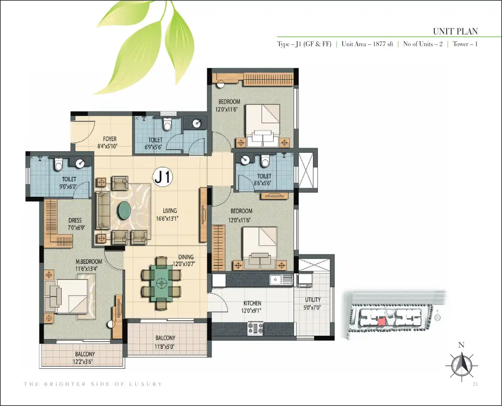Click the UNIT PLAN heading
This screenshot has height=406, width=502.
coord(455,31)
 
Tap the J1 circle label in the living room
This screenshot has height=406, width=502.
coord(163,176)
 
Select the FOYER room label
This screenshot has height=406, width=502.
coord(109,139)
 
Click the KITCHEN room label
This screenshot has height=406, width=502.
coord(252,303)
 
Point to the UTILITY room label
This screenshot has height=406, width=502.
coord(313,300)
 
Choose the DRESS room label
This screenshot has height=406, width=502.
coord(75,220)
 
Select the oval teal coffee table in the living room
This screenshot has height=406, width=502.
coord(124,211)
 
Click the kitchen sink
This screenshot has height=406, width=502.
coord(281,280)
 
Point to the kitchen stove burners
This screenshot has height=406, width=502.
coord(256,328)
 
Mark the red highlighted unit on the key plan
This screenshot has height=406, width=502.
coord(381,322)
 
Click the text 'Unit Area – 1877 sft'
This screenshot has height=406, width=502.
coord(367,44)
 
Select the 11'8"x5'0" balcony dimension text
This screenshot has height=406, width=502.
coord(165,347)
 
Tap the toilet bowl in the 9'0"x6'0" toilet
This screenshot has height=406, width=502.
coord(58,165)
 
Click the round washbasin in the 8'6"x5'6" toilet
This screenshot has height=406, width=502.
coord(246,160)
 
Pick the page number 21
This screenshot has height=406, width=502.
coord(475,384)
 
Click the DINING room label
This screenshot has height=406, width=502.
coord(185,257)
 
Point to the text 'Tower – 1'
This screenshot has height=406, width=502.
coord(465,44)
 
